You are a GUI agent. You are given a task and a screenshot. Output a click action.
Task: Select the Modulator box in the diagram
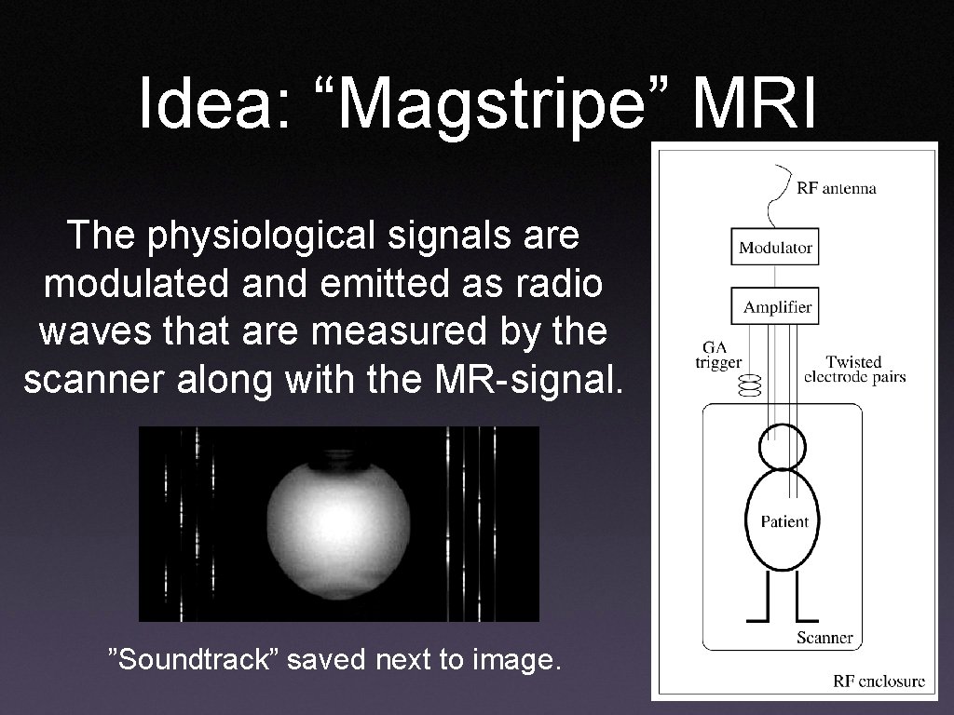(x=774, y=248)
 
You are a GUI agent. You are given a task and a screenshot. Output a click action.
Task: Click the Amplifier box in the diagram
(x=774, y=306)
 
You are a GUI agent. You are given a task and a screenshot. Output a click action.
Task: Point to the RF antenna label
(x=836, y=188)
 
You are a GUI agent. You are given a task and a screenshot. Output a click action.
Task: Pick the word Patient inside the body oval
(x=784, y=521)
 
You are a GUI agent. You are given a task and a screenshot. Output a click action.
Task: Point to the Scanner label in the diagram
(x=825, y=638)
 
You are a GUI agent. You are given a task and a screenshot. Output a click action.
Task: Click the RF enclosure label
(x=878, y=681)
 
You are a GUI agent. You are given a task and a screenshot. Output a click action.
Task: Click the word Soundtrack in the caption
(x=197, y=661)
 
